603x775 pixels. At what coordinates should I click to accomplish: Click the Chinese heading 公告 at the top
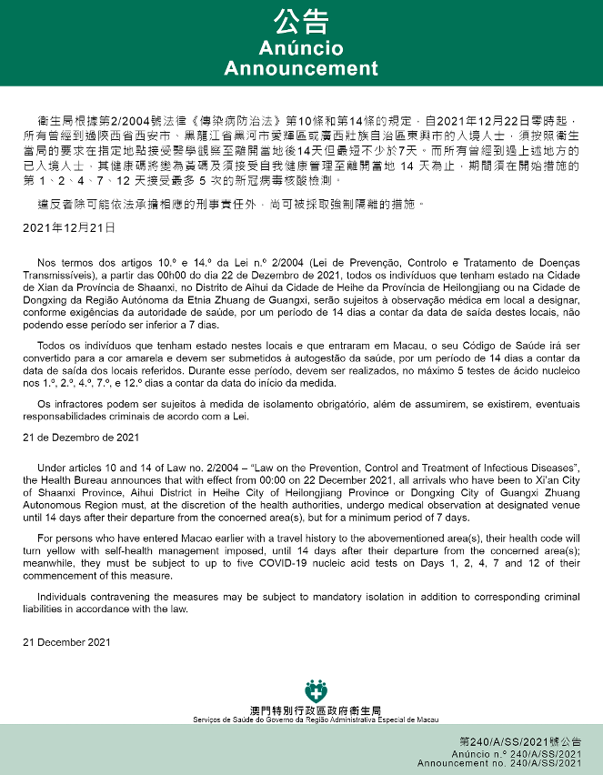[301, 22]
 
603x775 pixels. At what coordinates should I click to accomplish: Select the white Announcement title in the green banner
[301, 69]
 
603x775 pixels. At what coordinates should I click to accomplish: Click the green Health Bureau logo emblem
[316, 690]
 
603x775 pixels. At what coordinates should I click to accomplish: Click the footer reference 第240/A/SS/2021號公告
[520, 742]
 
